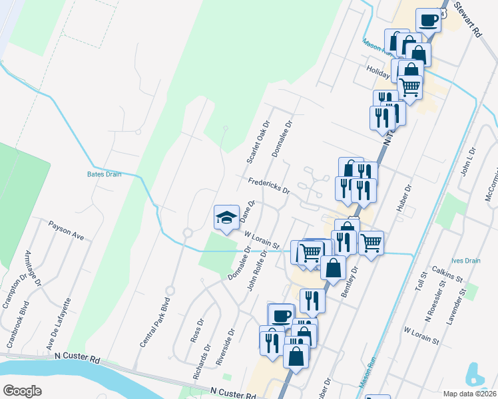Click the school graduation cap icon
[x=226, y=217]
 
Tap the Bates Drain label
[x=104, y=174]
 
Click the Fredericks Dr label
[x=269, y=186]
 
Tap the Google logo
[x=22, y=390]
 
